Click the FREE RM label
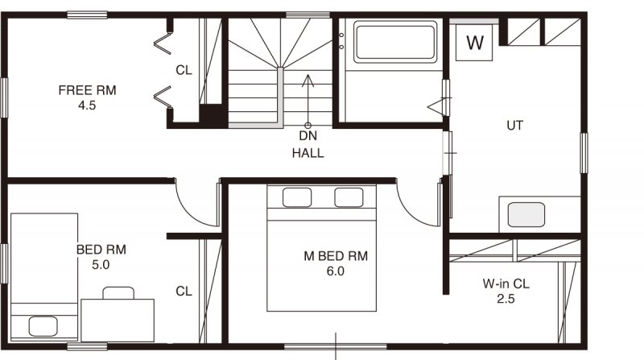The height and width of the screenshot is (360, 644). coord(87,90)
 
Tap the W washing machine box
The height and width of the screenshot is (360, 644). coord(474,43)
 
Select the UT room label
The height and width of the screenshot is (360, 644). coord(515,126)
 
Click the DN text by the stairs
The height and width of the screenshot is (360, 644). coord(308,135)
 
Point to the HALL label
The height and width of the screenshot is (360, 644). coord(308,153)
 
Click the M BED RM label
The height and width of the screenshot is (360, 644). coord(336,256)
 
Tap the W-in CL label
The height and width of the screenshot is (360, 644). coord(506,283)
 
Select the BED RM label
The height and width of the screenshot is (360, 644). coord(101,250)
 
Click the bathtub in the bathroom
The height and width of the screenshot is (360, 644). coord(395,42)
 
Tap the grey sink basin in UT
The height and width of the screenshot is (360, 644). coord(526,214)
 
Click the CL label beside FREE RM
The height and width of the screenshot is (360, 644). coord(184,70)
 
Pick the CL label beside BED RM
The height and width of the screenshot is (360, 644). coord(184,292)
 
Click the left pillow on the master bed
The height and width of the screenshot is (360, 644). coord(296,197)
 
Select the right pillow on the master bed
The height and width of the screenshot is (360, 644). coord(349,197)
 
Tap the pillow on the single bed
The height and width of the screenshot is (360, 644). coord(43,326)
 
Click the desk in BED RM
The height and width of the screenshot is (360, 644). coord(118,321)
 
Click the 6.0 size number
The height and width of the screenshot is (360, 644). coord(335,271)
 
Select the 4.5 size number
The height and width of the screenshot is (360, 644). coord(87,106)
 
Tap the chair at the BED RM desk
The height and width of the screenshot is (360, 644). coord(118,293)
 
